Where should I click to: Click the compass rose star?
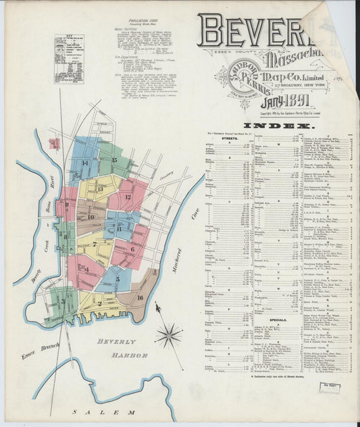(168, 334)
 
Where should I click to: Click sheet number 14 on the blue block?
(85, 163)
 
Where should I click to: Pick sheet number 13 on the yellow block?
(100, 189)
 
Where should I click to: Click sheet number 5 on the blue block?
(117, 278)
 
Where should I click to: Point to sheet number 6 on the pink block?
(132, 249)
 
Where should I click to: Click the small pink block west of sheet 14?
(55, 143)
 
